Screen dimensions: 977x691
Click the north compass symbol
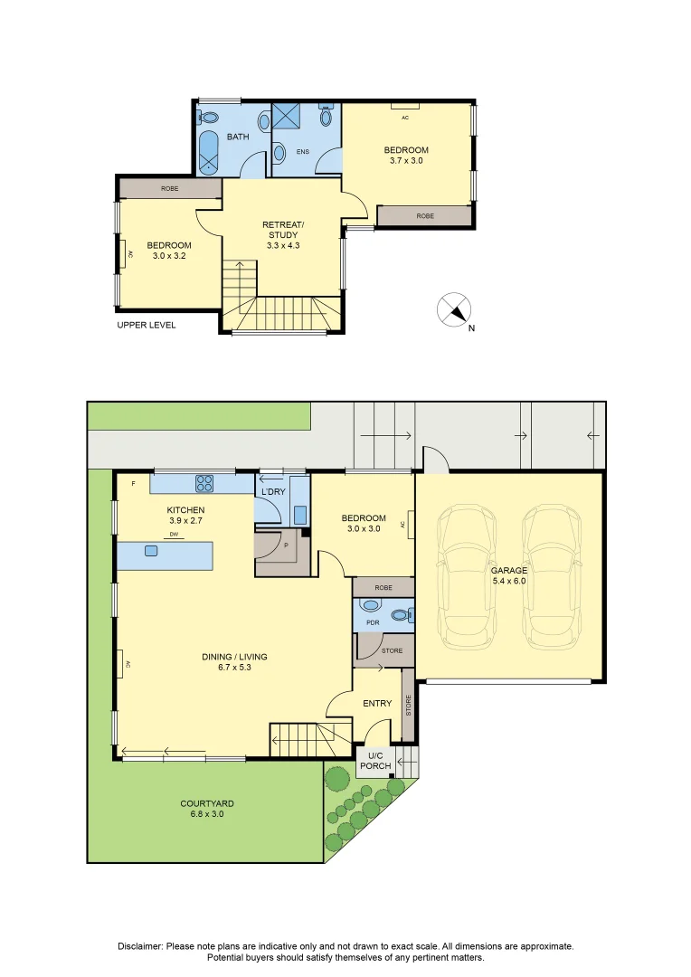pyautogui.click(x=454, y=310)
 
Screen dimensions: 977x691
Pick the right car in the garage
pyautogui.click(x=552, y=574)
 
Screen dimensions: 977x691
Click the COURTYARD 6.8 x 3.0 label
pyautogui.click(x=207, y=809)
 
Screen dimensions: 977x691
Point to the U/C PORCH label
pyautogui.click(x=375, y=761)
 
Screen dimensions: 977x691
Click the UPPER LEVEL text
pyautogui.click(x=147, y=325)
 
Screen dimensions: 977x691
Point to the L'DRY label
pyautogui.click(x=273, y=491)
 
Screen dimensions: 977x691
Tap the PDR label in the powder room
pyautogui.click(x=371, y=622)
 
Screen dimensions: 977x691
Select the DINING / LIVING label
pyautogui.click(x=234, y=662)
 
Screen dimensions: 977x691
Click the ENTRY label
pyautogui.click(x=377, y=703)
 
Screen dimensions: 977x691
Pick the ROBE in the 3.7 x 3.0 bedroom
pyautogui.click(x=424, y=216)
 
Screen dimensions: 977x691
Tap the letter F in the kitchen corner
pyautogui.click(x=133, y=484)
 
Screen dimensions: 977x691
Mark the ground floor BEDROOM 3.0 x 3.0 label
pyautogui.click(x=364, y=523)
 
